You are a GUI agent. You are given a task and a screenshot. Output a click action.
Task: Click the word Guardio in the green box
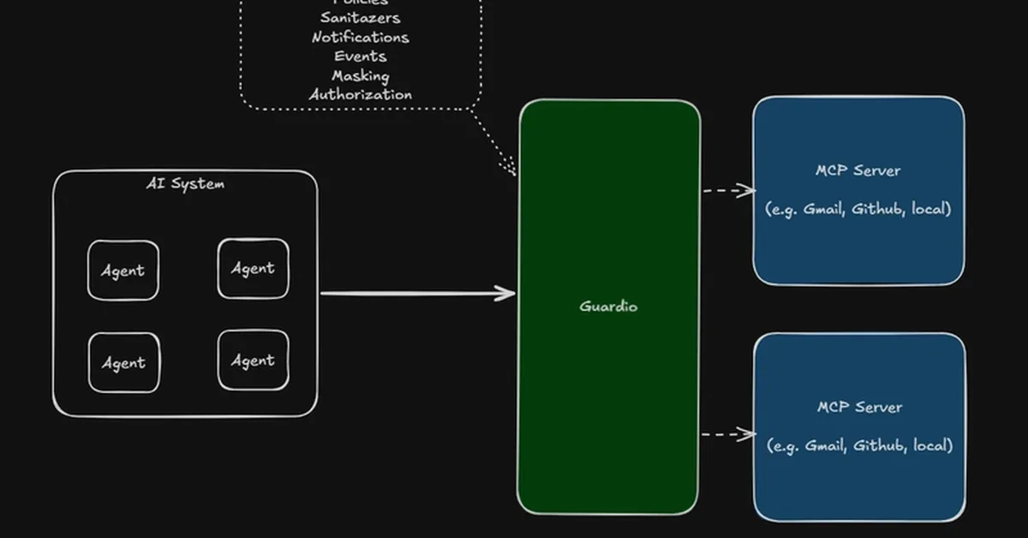coord(608,306)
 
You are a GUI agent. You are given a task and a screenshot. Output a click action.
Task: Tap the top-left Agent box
coord(123,271)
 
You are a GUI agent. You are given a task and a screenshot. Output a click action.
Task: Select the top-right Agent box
coord(253,268)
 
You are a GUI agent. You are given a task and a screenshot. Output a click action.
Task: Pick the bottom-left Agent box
coord(123,362)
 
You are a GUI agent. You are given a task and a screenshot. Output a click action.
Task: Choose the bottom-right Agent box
coord(253,361)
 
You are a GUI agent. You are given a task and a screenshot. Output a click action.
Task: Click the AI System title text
coord(185,183)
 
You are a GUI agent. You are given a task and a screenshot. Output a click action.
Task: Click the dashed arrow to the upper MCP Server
coord(728,190)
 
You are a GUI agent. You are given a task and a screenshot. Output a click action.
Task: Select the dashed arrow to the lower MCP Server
coord(728,434)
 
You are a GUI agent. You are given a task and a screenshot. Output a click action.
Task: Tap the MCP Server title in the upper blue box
coord(858,170)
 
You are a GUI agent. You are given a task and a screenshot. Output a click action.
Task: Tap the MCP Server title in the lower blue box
coord(859,407)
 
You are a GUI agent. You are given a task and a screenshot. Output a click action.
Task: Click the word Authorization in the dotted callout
coord(360,94)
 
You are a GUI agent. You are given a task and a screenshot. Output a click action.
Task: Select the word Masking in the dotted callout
coord(360,75)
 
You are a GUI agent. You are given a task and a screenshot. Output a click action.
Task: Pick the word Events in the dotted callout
coord(360,57)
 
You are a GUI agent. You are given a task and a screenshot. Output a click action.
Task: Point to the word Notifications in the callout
coord(360,37)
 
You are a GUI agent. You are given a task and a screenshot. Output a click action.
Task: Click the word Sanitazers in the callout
coord(360,17)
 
